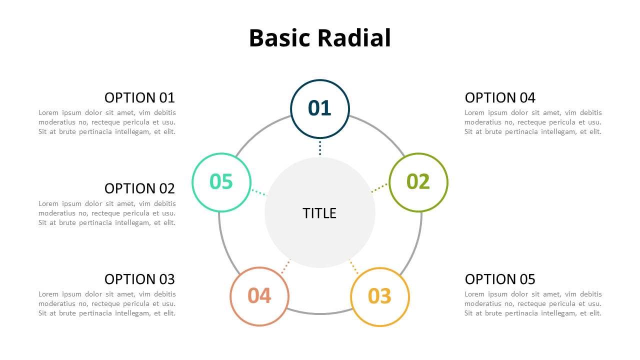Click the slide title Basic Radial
319,38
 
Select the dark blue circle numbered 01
320,108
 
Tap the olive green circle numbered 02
418,182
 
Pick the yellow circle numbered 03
380,296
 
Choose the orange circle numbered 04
259,296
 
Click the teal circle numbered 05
221,182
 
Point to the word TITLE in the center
319,213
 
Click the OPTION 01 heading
139,97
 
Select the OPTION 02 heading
139,188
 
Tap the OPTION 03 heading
139,278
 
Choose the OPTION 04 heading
500,97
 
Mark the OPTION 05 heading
500,278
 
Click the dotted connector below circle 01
320,148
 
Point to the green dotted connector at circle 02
379,188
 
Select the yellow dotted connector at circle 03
354,267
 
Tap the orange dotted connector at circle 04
285,266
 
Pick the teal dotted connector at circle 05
259,192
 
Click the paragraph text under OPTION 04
533,122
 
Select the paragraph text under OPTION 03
107,303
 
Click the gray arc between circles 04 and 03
320,313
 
